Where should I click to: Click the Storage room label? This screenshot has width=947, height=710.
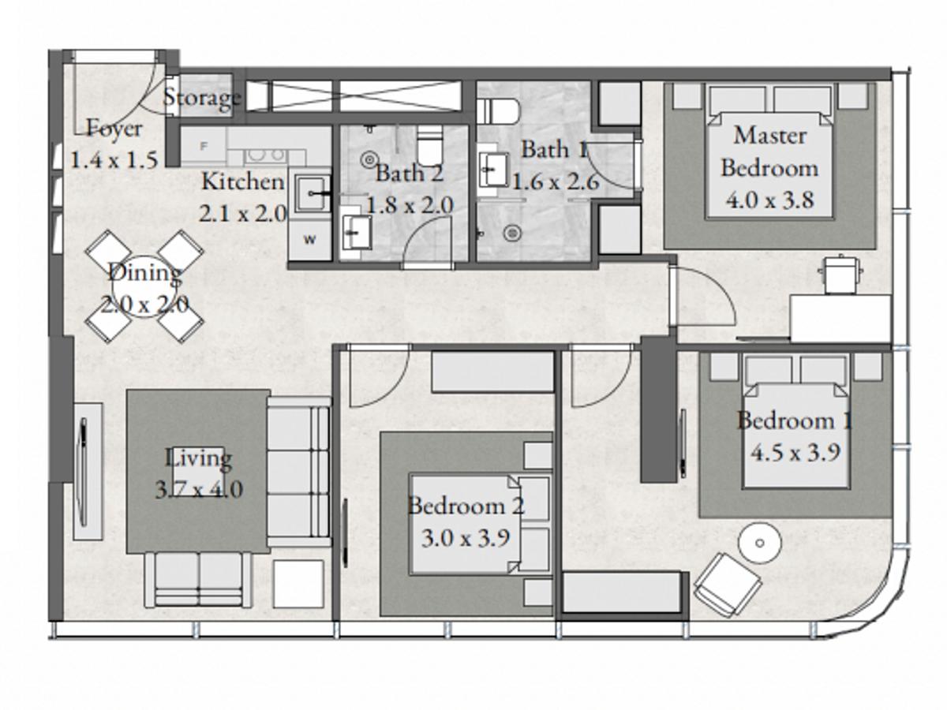[201, 98]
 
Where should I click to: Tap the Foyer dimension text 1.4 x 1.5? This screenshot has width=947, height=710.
[114, 160]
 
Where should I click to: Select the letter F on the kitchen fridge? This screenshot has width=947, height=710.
[203, 146]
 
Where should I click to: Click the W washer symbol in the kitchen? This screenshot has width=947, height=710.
[310, 240]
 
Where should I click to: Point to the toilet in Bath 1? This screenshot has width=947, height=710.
[498, 111]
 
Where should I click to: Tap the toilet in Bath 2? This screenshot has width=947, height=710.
[429, 145]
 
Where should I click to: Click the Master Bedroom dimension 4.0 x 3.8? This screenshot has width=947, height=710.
[769, 200]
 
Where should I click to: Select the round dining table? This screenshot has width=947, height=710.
[145, 286]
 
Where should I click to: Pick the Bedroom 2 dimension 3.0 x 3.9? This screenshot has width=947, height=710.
[466, 538]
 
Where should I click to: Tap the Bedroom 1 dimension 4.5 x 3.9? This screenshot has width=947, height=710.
[795, 453]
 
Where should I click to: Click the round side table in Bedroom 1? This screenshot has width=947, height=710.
[760, 543]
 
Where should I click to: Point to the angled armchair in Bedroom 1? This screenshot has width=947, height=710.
[728, 585]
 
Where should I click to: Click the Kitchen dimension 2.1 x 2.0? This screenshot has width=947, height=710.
[243, 214]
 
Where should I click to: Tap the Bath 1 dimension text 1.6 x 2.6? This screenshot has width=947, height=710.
[556, 183]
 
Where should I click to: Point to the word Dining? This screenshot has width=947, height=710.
[145, 273]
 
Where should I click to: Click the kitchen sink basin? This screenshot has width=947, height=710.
[313, 193]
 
